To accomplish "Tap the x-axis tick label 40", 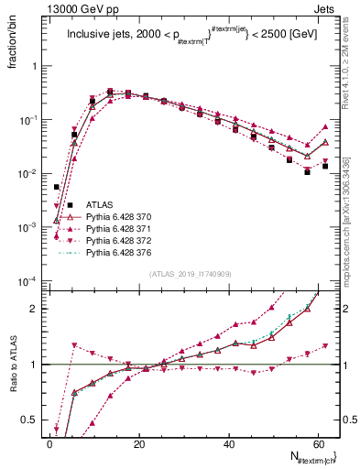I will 230,443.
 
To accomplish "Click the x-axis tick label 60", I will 319,443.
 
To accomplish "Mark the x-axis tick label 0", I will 50,443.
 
